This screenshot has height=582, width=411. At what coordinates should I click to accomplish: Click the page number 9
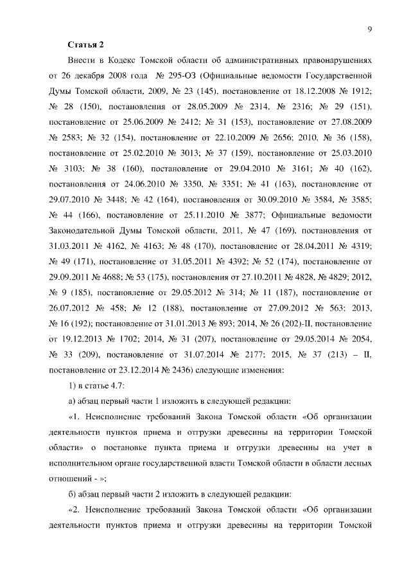point(371,28)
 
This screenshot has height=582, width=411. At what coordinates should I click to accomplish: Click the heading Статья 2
point(85,44)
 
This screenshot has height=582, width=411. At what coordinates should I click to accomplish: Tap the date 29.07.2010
point(71,199)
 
